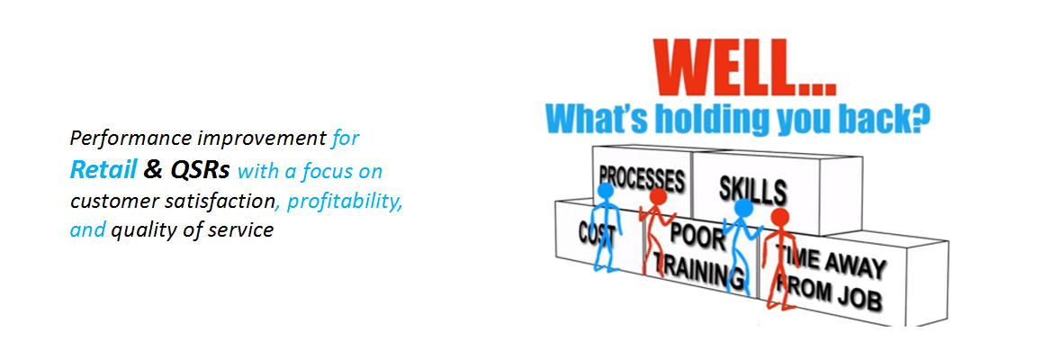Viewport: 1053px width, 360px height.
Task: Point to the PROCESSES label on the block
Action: [x=641, y=176]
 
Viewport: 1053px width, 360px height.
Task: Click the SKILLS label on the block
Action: [x=752, y=189]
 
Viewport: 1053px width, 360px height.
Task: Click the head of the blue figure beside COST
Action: [x=606, y=192]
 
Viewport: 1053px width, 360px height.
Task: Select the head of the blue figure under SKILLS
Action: [x=743, y=209]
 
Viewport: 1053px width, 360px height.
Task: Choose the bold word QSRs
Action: [x=200, y=169]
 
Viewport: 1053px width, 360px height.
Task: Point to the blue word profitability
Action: [x=345, y=200]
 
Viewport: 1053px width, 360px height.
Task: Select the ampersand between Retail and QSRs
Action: [x=152, y=169]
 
